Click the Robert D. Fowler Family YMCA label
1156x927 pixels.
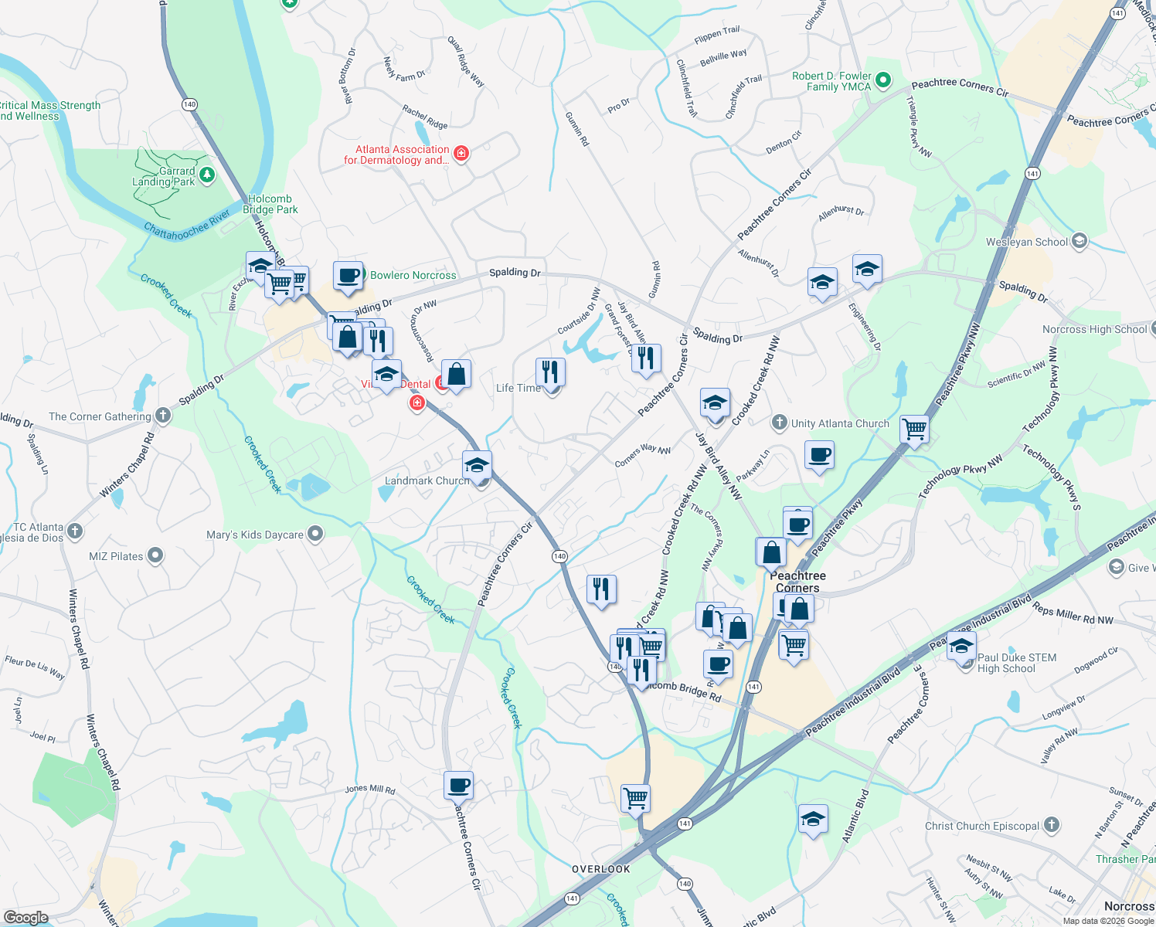click(831, 81)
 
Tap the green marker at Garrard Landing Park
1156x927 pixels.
click(206, 175)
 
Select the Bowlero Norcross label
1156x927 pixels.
click(413, 275)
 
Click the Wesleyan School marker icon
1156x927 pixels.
click(1079, 242)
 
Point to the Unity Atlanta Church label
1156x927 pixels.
click(840, 423)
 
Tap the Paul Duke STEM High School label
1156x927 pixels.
click(1016, 663)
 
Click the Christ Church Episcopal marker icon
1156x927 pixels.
click(1051, 825)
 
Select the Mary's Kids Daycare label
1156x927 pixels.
click(255, 535)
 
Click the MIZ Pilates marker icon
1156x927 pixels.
click(155, 555)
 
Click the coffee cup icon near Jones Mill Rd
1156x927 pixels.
click(458, 785)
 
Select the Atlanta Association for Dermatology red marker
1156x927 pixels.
click(461, 154)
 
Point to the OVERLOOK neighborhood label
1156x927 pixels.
click(601, 869)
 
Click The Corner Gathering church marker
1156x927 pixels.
click(162, 416)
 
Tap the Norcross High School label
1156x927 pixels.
click(1094, 329)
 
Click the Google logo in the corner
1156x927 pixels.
click(25, 917)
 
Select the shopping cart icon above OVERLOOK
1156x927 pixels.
click(635, 797)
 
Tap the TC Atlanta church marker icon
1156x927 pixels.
click(75, 531)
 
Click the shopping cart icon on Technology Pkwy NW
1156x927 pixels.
click(914, 428)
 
